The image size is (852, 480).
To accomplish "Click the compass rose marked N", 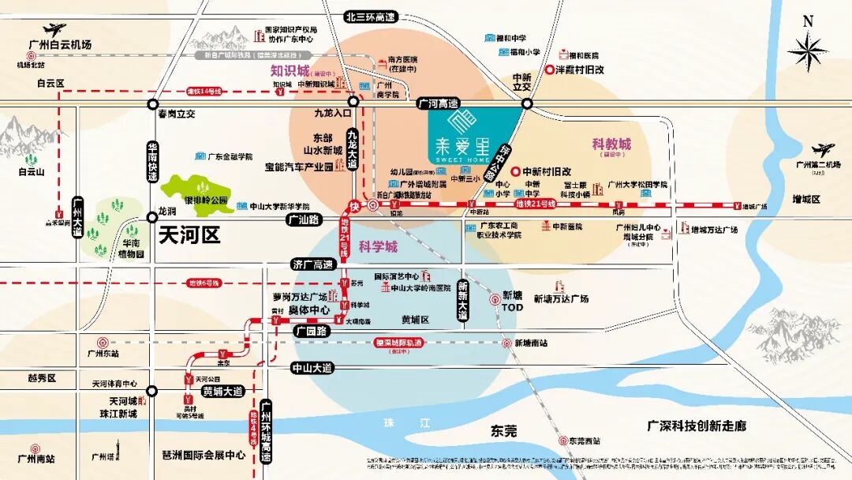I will (807, 52).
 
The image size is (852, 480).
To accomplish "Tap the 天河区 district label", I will (189, 234).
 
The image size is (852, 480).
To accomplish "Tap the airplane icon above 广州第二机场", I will (822, 149).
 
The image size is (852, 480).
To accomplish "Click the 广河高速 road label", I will (439, 103).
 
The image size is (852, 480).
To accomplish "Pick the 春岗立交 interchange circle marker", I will (153, 103).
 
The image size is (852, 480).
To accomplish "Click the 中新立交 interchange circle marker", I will (527, 103).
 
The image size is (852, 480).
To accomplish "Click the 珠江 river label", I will (402, 422).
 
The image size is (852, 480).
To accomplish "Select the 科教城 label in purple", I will (611, 144).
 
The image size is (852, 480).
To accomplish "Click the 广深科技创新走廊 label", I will (696, 426).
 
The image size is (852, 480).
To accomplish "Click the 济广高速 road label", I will (312, 264).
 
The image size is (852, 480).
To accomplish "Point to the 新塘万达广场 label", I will (561, 298).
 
